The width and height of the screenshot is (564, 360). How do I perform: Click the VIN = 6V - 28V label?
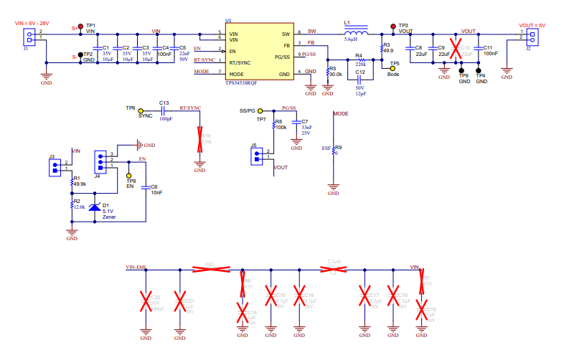click(33, 23)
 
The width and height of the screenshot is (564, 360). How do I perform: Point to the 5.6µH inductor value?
click(351, 40)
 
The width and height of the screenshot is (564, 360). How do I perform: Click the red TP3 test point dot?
click(393, 26)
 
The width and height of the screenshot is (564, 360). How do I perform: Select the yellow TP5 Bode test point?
click(393, 68)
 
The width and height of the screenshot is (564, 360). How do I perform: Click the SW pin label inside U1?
click(286, 34)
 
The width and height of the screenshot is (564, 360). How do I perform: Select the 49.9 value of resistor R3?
click(387, 51)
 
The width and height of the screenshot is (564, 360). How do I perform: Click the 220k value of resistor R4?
click(360, 65)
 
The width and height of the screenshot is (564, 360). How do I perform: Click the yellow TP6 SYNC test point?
click(141, 110)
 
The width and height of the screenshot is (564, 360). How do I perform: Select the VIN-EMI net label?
click(136, 267)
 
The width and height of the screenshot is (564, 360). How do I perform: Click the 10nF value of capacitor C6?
click(156, 192)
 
